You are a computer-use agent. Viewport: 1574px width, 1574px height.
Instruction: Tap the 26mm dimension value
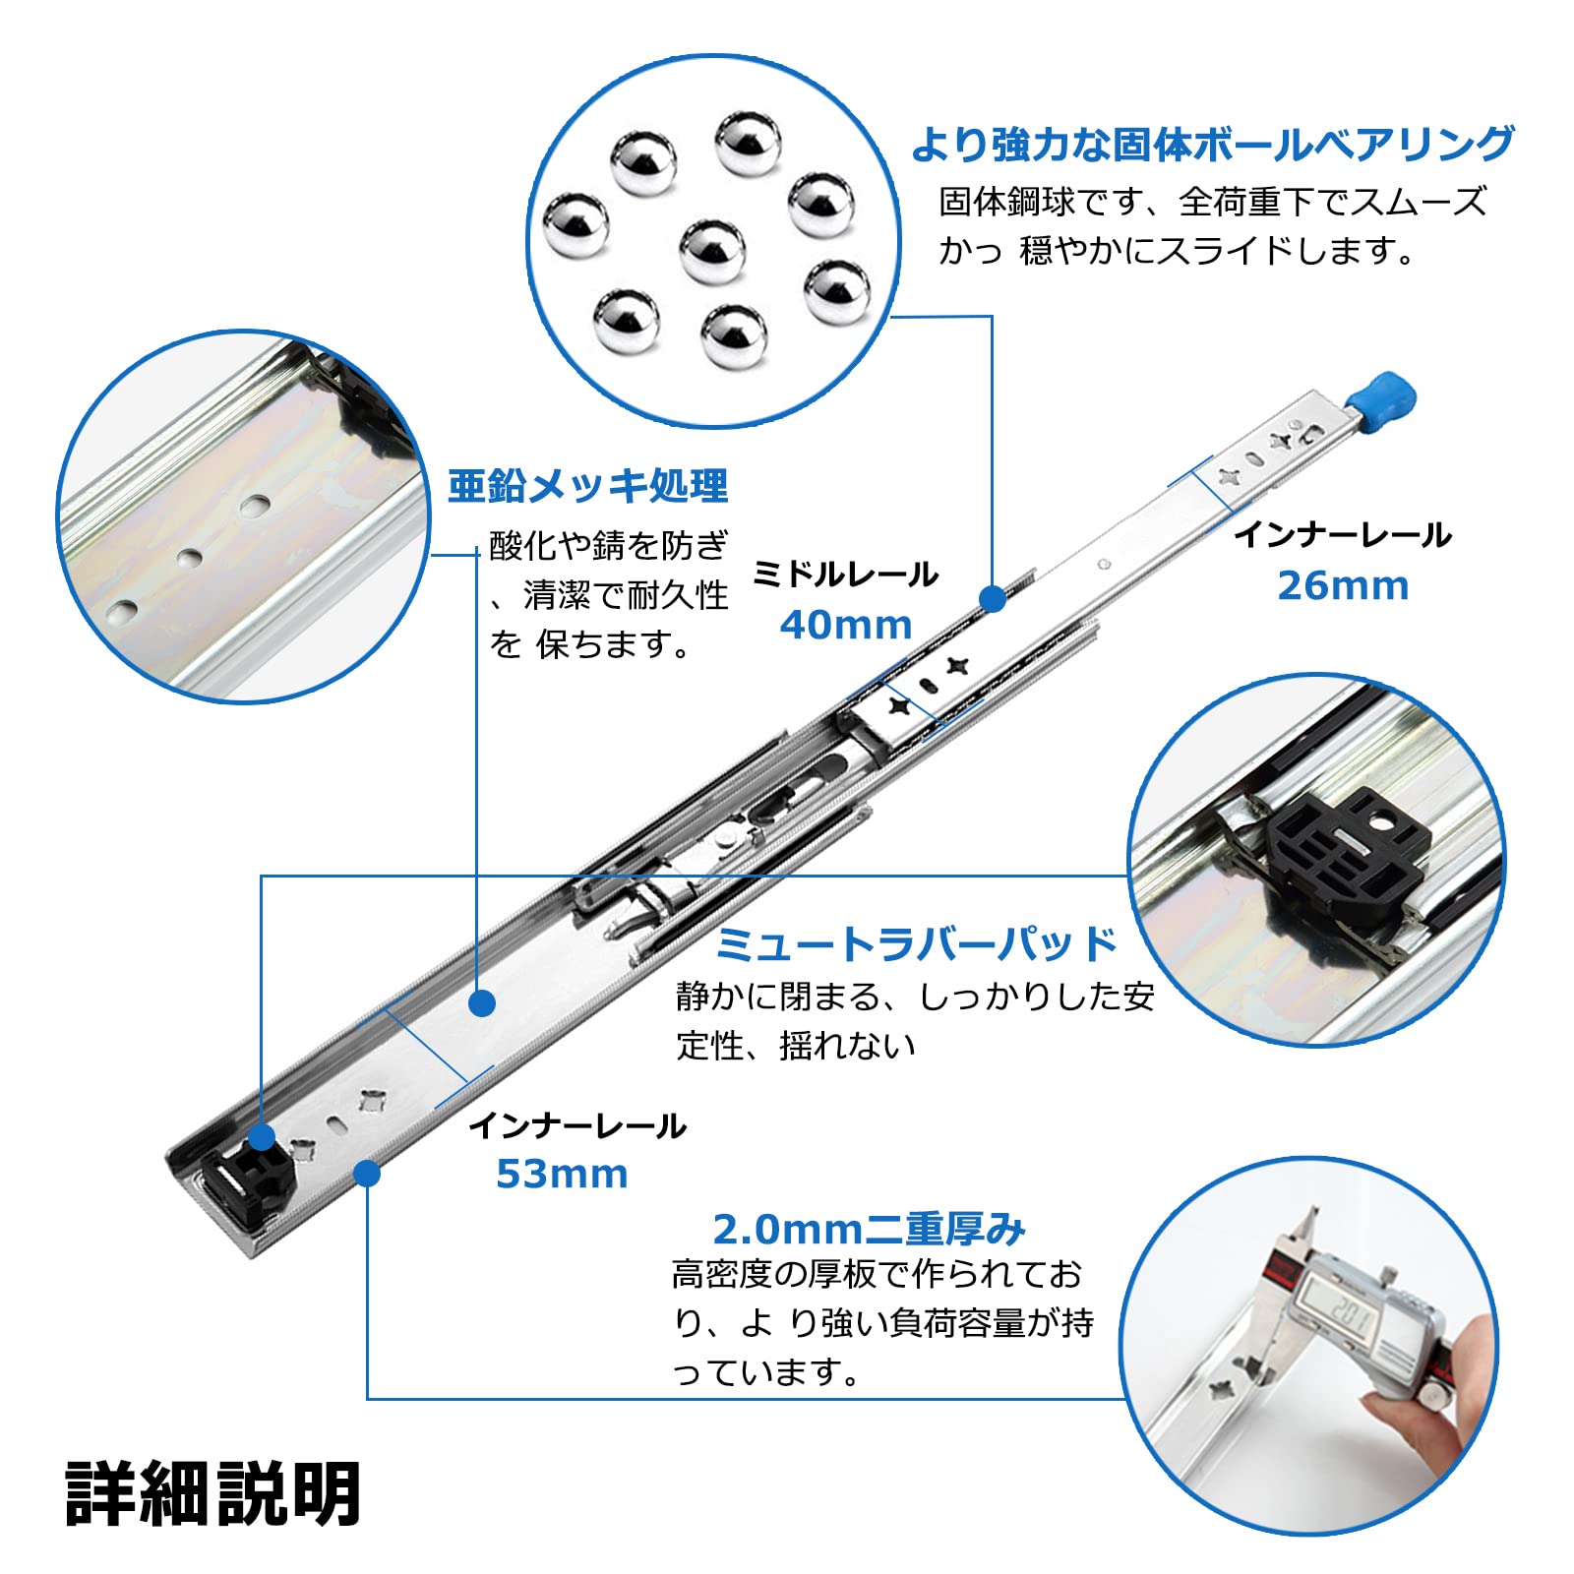coord(1343,585)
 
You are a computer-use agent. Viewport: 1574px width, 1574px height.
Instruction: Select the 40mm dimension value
coord(846,625)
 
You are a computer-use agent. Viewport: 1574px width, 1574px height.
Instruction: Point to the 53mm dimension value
coord(562,1174)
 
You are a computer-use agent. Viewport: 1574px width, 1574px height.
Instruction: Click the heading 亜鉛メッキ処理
coord(587,486)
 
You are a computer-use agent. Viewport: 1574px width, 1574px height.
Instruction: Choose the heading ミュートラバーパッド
coord(916,944)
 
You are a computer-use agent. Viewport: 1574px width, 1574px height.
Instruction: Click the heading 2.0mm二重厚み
coord(869,1229)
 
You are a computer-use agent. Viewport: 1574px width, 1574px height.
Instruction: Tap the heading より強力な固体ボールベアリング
coord(1212,145)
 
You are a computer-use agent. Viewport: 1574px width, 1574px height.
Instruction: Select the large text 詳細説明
coord(213,1493)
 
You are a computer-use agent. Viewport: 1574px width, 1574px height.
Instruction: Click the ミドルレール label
coord(845,575)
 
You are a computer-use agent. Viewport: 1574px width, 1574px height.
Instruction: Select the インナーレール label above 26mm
coord(1343,535)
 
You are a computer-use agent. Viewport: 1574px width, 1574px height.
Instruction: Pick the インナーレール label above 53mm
coord(576,1125)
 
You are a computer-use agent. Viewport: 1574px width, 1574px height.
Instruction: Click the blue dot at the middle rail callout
coord(993,598)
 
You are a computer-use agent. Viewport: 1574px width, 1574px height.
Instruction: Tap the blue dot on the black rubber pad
coord(262,1138)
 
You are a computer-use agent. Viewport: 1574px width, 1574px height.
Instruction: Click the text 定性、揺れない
coord(795,1045)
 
